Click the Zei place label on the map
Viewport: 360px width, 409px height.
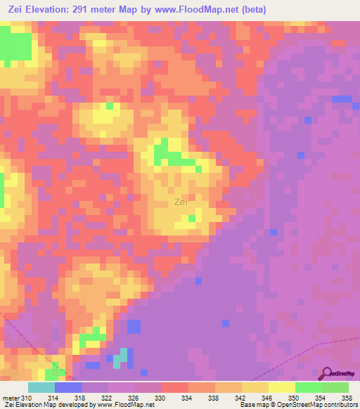click(x=181, y=202)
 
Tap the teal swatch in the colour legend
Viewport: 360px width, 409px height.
click(x=41, y=387)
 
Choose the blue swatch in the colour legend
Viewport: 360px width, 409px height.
click(x=68, y=387)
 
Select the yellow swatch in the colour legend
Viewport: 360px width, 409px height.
click(x=282, y=387)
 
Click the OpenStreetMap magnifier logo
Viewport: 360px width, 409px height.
click(x=327, y=373)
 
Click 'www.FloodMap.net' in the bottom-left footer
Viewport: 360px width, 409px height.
click(x=126, y=405)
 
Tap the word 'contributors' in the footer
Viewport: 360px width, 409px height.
click(x=340, y=405)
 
